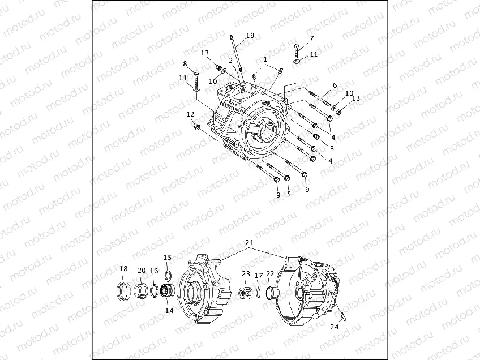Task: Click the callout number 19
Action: (x=250, y=36)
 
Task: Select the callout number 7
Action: (x=311, y=38)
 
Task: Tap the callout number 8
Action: (x=185, y=64)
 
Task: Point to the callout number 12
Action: (x=190, y=114)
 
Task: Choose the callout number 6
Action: (x=335, y=85)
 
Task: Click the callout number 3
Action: (x=332, y=148)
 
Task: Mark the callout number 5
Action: (x=289, y=194)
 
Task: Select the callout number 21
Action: (x=249, y=243)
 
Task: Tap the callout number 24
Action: (x=335, y=327)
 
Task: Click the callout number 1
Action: (x=264, y=59)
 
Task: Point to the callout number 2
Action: (x=231, y=60)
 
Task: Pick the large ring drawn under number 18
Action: (x=124, y=292)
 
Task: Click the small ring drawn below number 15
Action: (x=167, y=275)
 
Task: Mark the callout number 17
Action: (x=258, y=276)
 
